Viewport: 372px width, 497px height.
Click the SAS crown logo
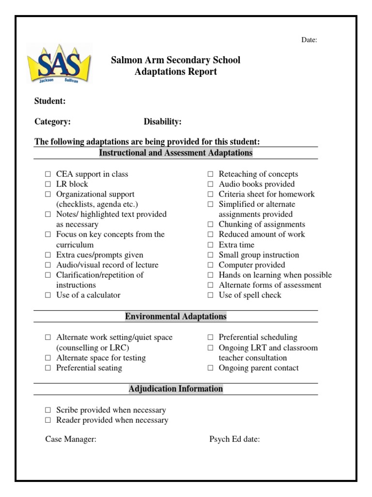point(60,65)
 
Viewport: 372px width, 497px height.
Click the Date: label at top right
point(309,40)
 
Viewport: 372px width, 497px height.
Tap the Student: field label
point(50,101)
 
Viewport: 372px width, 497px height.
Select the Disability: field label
point(162,122)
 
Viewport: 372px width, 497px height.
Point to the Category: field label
point(52,122)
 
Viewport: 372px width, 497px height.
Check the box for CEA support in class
point(48,174)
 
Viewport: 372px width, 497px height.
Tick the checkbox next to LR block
point(48,184)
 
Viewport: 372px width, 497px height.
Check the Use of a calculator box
point(48,295)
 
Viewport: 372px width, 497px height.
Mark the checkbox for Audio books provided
point(210,184)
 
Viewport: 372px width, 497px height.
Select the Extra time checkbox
point(210,245)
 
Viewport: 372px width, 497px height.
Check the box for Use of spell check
point(210,295)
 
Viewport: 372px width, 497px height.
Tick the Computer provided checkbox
point(210,265)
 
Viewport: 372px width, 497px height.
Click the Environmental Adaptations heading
point(176,316)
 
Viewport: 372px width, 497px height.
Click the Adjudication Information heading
point(176,389)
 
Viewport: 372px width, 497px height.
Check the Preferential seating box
point(48,368)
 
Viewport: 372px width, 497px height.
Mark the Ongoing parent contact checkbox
point(210,368)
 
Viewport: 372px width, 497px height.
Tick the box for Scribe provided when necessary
point(48,410)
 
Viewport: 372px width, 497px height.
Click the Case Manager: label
point(71,439)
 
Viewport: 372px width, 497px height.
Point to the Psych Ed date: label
point(234,439)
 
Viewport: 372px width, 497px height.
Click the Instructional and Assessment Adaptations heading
point(176,153)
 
